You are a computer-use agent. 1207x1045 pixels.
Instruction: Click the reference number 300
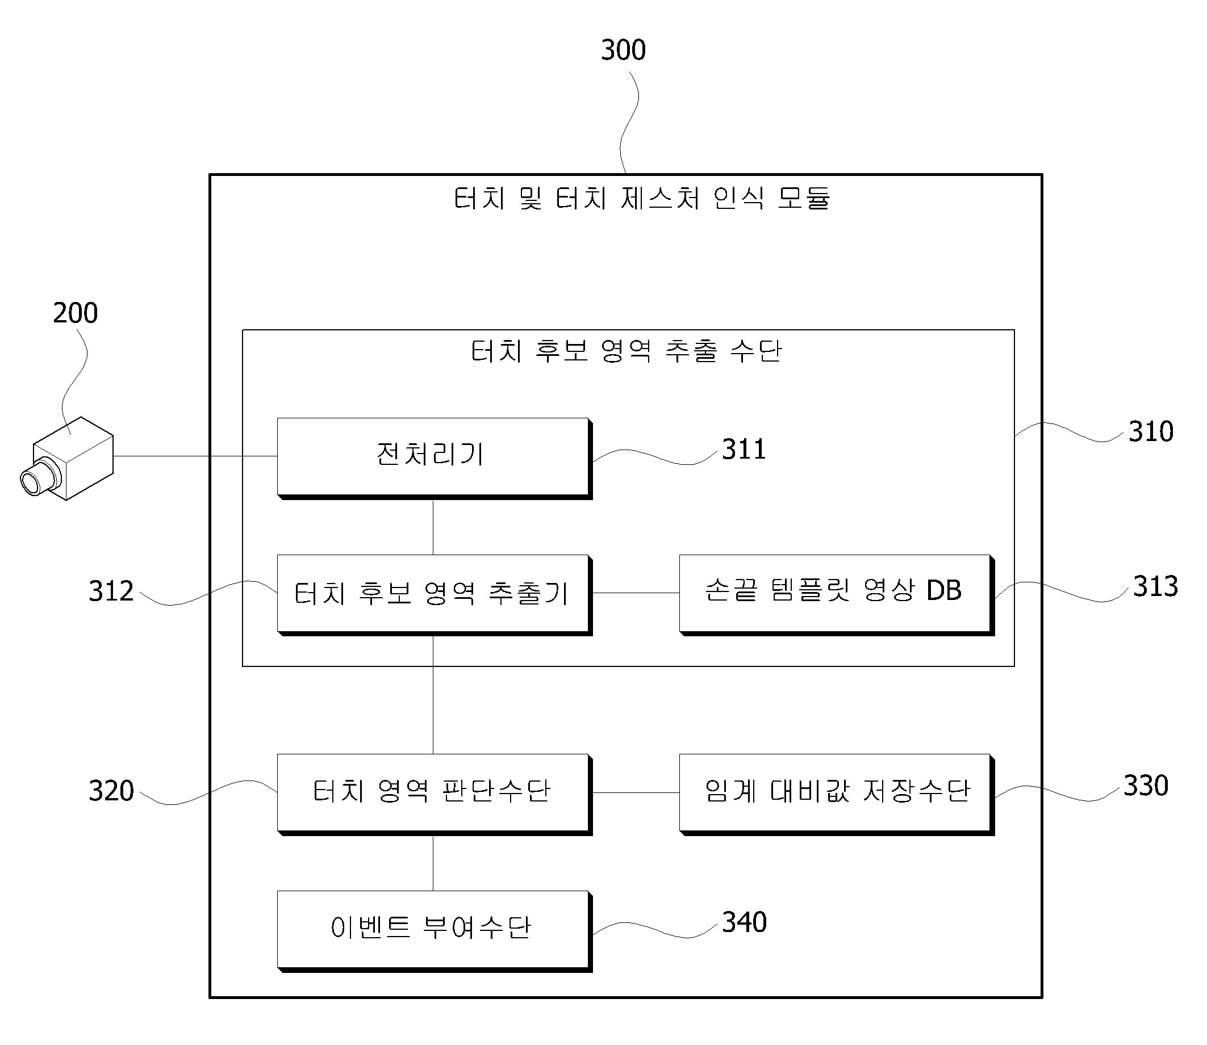click(x=623, y=50)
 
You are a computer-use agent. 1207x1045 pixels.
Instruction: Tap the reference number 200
click(x=75, y=313)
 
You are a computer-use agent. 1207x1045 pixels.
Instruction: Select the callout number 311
click(x=744, y=450)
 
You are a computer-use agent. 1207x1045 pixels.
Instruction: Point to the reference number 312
click(x=111, y=591)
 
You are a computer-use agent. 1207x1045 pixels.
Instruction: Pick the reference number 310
click(x=1150, y=432)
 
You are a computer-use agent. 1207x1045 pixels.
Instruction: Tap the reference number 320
click(x=111, y=791)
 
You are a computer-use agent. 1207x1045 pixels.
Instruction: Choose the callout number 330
click(x=1146, y=786)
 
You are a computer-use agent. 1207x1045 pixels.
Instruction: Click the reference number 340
click(x=744, y=922)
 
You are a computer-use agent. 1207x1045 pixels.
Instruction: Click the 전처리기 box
click(x=435, y=458)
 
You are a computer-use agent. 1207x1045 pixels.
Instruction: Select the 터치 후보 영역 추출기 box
click(x=435, y=595)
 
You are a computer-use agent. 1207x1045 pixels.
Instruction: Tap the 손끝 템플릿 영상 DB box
click(x=837, y=595)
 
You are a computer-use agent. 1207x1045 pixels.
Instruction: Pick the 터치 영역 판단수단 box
click(x=435, y=794)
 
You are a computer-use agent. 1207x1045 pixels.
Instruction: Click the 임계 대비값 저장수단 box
click(x=837, y=794)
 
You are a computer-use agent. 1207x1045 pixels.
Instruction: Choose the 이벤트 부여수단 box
click(x=435, y=931)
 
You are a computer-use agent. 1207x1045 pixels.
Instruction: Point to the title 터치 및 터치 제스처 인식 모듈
click(x=642, y=198)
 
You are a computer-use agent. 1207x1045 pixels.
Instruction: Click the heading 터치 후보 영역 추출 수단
click(x=626, y=351)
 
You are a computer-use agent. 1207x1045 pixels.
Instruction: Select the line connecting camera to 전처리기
click(x=195, y=456)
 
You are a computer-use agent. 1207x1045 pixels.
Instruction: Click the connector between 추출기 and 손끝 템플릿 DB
click(x=636, y=593)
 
